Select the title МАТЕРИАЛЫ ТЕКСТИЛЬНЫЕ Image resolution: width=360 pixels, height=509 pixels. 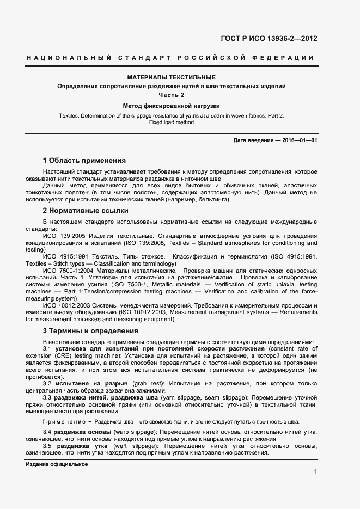172,78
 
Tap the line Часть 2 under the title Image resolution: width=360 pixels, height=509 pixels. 172,95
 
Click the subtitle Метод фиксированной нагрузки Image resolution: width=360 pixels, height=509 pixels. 172,106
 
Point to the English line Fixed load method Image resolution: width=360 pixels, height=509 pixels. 172,122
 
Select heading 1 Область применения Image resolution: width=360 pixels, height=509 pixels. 84,161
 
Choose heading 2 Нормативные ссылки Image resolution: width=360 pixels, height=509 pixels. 86,210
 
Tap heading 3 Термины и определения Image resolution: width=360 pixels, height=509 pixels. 90,331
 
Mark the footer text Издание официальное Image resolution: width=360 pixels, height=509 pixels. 57,464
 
